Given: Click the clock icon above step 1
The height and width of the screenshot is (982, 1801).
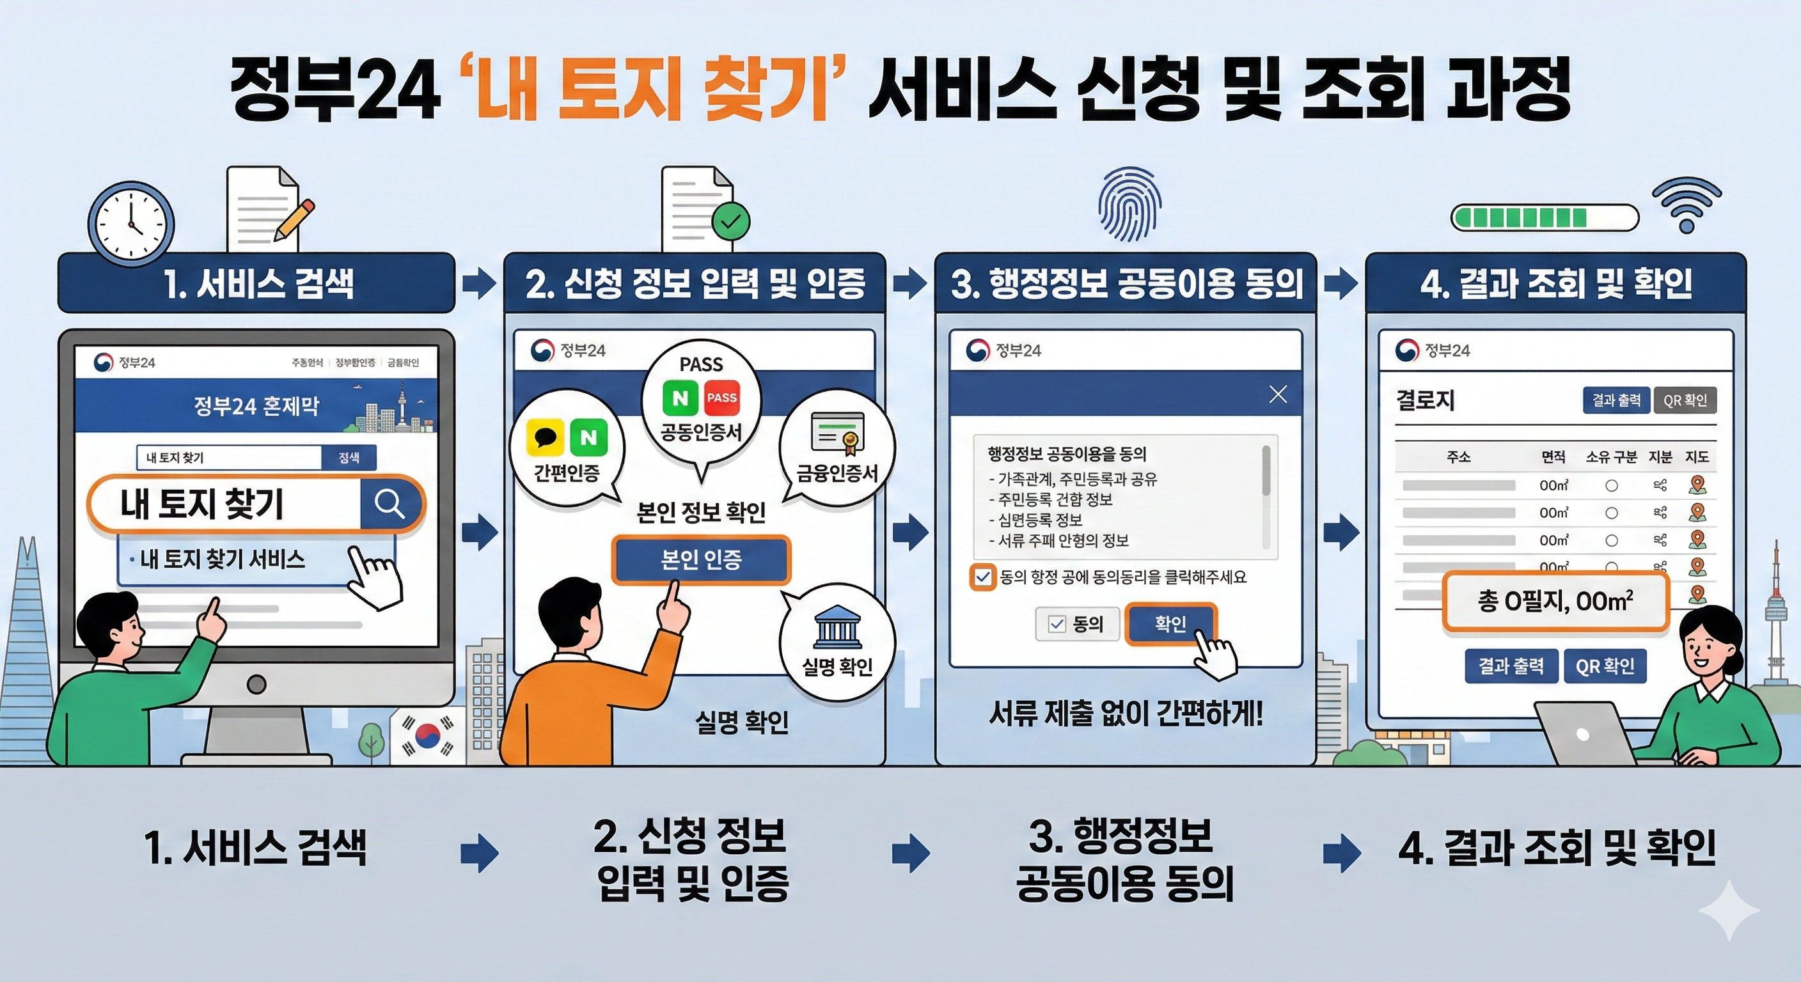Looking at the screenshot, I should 130,224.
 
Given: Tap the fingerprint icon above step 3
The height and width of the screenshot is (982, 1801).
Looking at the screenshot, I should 1128,203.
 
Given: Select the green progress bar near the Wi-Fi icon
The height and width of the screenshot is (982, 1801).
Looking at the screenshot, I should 1544,217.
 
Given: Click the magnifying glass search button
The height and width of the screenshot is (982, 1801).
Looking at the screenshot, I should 389,503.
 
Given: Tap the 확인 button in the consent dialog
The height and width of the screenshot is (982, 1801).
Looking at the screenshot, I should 1170,623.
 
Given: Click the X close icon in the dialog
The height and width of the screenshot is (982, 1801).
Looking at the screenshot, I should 1278,394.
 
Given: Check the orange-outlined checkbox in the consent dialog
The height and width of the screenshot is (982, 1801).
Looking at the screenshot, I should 983,577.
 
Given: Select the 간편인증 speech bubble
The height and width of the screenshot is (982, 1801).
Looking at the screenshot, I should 566,448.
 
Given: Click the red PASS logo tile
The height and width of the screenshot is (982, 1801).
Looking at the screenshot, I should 721,398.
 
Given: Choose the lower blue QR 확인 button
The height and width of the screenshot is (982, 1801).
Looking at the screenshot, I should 1605,666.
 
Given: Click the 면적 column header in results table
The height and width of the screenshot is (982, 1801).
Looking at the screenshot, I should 1553,456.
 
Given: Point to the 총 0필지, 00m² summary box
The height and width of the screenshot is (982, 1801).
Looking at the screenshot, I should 1555,602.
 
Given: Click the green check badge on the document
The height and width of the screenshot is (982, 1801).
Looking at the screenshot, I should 730,222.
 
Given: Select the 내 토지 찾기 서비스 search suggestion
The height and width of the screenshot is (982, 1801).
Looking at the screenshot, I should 223,559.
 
